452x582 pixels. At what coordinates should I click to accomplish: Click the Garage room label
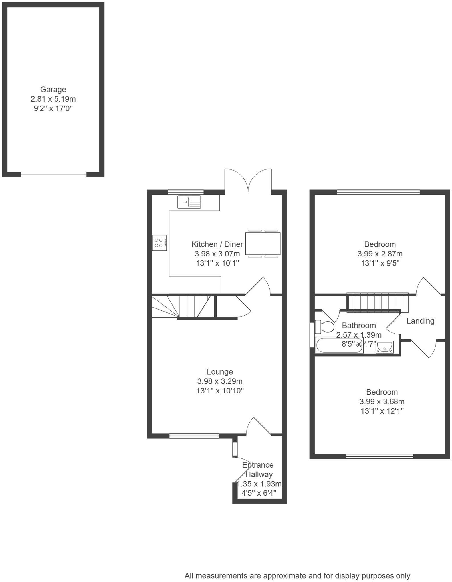click(x=53, y=90)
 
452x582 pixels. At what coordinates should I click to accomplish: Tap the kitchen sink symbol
click(x=189, y=202)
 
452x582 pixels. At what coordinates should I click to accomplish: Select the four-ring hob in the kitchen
click(x=159, y=243)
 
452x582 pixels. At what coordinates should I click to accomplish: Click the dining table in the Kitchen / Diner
click(x=263, y=243)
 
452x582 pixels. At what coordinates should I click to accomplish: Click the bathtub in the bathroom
click(x=339, y=345)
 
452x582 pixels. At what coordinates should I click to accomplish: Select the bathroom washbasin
click(x=384, y=347)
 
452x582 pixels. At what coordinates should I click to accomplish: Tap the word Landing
click(x=420, y=321)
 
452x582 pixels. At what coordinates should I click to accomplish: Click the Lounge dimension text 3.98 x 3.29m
click(x=219, y=381)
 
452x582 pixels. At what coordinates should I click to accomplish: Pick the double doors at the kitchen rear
click(x=248, y=180)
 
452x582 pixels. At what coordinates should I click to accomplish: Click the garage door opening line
click(x=54, y=175)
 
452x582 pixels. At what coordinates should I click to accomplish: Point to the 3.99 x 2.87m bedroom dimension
click(x=380, y=254)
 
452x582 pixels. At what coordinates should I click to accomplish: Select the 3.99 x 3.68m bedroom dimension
click(x=382, y=401)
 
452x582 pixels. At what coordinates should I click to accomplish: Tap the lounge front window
click(x=194, y=436)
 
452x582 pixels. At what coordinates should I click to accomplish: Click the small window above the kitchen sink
click(x=186, y=192)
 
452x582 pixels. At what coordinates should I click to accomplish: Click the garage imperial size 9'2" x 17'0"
click(x=53, y=108)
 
